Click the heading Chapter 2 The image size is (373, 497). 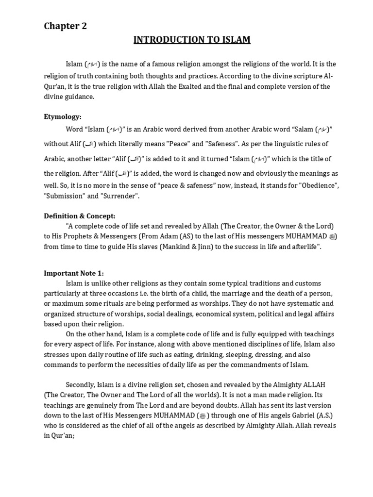[x=66, y=26]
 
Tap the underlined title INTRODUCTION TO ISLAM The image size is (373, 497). [x=192, y=40]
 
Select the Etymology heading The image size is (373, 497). [x=63, y=116]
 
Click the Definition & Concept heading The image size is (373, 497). [x=80, y=216]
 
